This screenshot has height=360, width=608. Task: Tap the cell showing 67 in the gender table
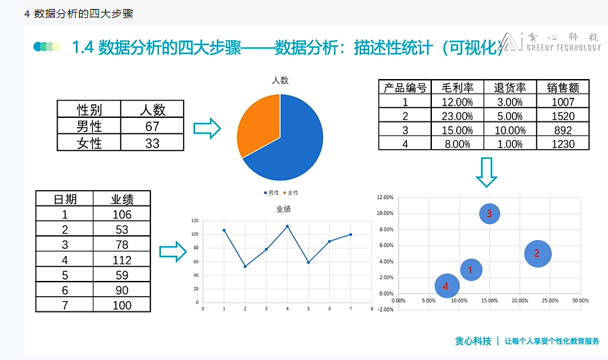tap(153, 126)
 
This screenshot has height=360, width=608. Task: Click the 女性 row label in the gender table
tap(89, 143)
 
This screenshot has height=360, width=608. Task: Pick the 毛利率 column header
tap(457, 87)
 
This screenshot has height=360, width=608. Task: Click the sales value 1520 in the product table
tap(562, 116)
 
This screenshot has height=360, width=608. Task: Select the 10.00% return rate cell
tap(510, 130)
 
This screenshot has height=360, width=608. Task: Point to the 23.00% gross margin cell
tap(457, 116)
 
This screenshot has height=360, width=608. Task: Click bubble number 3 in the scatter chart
tap(489, 214)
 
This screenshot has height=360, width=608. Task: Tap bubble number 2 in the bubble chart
tap(537, 254)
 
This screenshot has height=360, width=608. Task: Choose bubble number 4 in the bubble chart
tap(446, 285)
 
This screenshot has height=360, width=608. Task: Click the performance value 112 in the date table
tap(121, 259)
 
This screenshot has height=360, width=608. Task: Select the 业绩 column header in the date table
tap(121, 199)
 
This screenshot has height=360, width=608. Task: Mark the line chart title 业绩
tap(283, 209)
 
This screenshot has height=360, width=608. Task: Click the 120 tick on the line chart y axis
tap(194, 221)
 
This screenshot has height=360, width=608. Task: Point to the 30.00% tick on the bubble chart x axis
tap(580, 300)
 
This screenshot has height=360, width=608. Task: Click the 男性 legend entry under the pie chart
tap(272, 192)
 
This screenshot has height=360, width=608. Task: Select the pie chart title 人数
tap(280, 80)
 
